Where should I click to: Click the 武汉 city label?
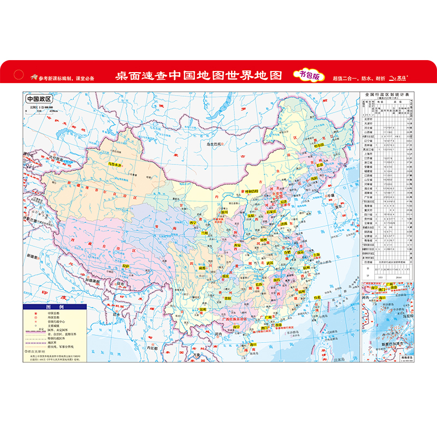[x=269, y=263]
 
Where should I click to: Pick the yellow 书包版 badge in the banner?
[x=309, y=76]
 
